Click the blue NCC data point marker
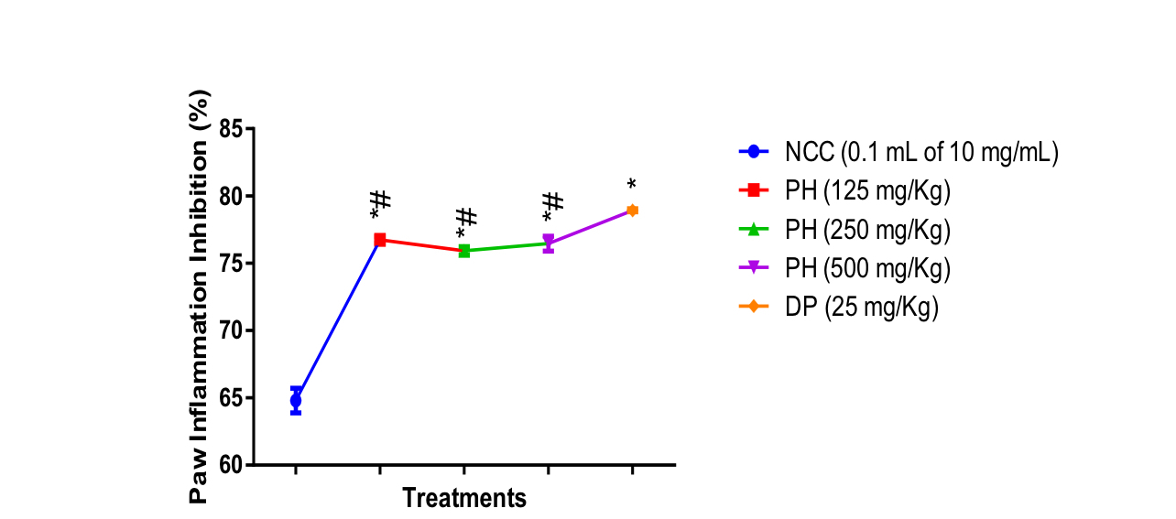tap(296, 400)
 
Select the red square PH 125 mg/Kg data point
tap(380, 240)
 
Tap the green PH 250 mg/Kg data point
tap(464, 251)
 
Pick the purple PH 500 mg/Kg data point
tap(549, 243)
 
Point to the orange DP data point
tap(632, 211)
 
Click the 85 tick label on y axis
tap(231, 130)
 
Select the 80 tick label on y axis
tap(231, 197)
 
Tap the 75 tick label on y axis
tap(231, 264)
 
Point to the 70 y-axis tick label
tap(231, 330)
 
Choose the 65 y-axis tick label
tap(231, 398)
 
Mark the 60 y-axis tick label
tap(231, 465)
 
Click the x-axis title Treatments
tap(464, 499)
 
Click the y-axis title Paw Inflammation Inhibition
tap(200, 297)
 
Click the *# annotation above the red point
tap(380, 203)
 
